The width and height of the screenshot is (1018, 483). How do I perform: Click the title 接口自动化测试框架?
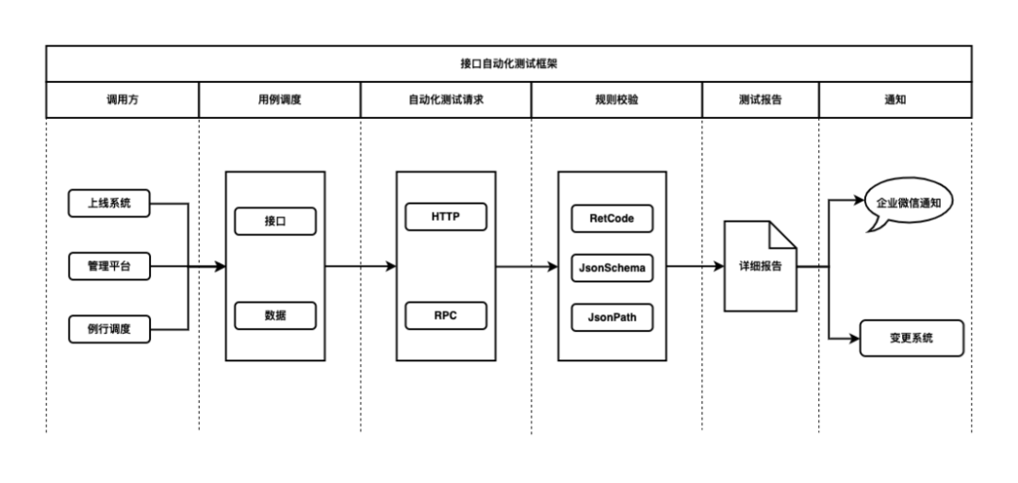pyautogui.click(x=509, y=64)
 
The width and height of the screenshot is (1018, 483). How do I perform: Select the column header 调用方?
pyautogui.click(x=123, y=100)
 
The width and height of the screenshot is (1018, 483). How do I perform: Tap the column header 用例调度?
pyautogui.click(x=279, y=100)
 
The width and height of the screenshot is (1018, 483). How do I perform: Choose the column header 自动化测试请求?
pyautogui.click(x=446, y=100)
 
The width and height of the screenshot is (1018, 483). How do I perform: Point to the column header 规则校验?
pyautogui.click(x=616, y=100)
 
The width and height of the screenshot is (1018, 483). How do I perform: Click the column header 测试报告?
pyautogui.click(x=760, y=100)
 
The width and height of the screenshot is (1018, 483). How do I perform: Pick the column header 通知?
pyautogui.click(x=895, y=100)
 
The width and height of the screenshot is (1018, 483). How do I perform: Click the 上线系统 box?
pyautogui.click(x=110, y=204)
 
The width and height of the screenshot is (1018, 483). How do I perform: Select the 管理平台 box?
pyautogui.click(x=110, y=267)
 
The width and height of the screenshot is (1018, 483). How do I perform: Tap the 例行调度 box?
pyautogui.click(x=110, y=329)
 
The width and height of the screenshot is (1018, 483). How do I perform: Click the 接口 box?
pyautogui.click(x=275, y=221)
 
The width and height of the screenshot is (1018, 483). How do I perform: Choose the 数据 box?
pyautogui.click(x=275, y=316)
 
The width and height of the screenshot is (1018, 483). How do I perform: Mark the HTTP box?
pyautogui.click(x=445, y=216)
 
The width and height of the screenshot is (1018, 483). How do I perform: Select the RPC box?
pyautogui.click(x=445, y=316)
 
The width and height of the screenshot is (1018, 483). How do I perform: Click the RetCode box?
pyautogui.click(x=612, y=219)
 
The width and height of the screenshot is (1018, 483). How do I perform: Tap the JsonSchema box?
pyautogui.click(x=612, y=268)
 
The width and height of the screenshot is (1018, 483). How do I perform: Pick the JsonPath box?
pyautogui.click(x=612, y=317)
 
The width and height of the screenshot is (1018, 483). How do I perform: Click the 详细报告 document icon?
pyautogui.click(x=760, y=267)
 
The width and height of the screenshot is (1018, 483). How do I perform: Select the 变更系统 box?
pyautogui.click(x=911, y=338)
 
